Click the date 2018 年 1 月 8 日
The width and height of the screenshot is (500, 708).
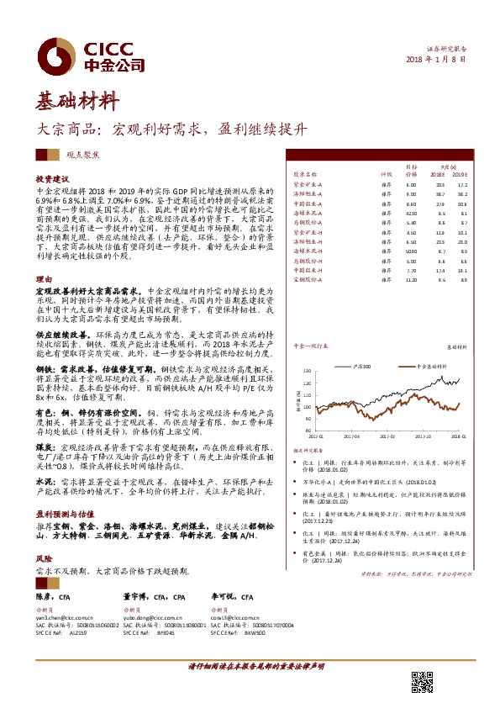click(435, 59)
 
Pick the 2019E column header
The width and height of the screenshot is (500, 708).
click(461, 175)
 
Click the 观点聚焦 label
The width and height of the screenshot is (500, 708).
click(82, 156)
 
